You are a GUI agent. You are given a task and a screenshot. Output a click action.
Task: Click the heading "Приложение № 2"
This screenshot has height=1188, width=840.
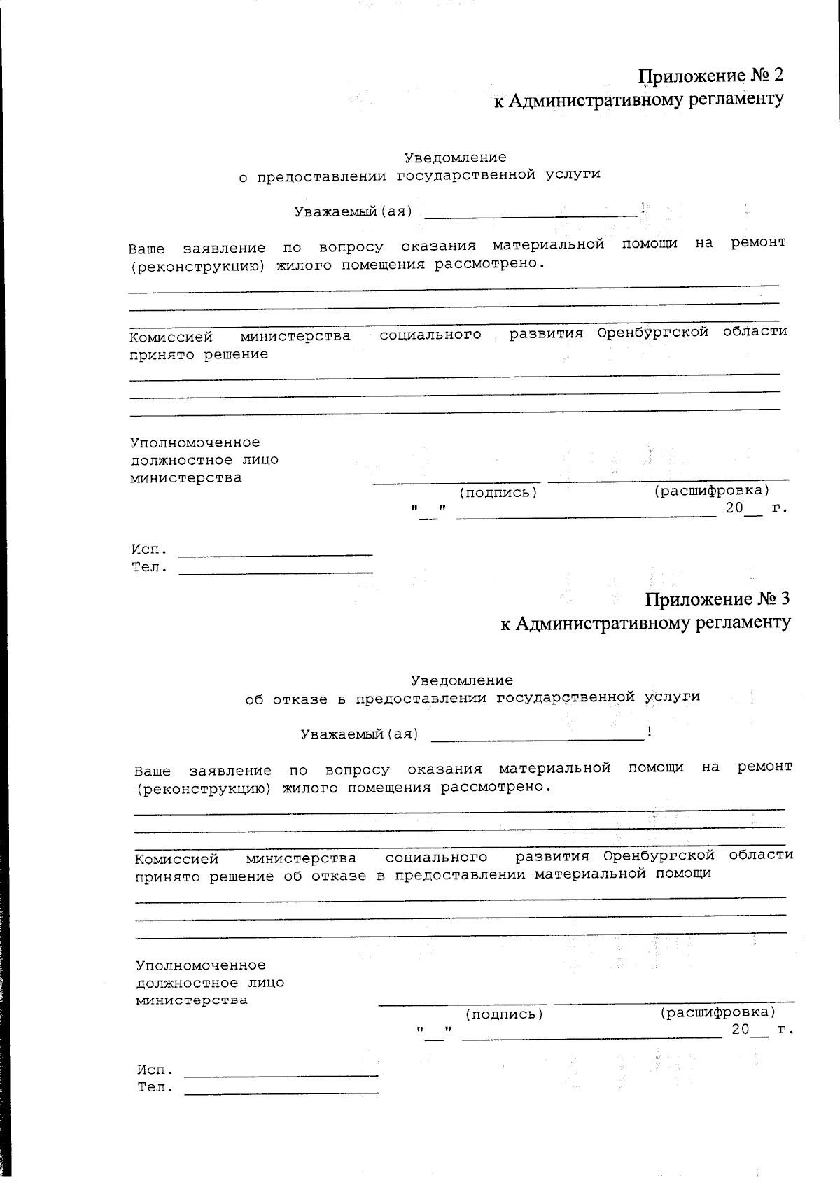[710, 76]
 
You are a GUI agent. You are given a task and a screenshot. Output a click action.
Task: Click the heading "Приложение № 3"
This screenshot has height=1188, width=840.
[717, 599]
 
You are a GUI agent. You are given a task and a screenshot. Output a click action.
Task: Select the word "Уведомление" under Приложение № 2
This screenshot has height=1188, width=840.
[455, 158]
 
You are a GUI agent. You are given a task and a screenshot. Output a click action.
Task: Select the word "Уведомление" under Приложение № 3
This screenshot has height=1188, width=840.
[461, 680]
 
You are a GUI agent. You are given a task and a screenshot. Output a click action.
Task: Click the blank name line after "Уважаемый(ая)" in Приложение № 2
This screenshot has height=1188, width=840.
[532, 213]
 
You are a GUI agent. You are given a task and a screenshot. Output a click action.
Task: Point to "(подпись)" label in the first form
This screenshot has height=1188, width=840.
[498, 492]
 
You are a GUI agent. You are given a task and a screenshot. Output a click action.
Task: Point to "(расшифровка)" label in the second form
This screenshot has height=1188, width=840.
[717, 1012]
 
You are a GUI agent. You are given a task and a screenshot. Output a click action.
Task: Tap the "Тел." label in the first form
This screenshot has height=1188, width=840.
[150, 568]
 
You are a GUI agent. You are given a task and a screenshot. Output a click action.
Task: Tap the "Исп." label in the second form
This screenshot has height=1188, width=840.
[155, 1070]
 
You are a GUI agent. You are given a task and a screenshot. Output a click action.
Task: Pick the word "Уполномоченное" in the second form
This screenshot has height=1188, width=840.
[200, 965]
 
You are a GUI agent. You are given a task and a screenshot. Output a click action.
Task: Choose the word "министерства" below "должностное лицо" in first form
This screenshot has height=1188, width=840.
[186, 478]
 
